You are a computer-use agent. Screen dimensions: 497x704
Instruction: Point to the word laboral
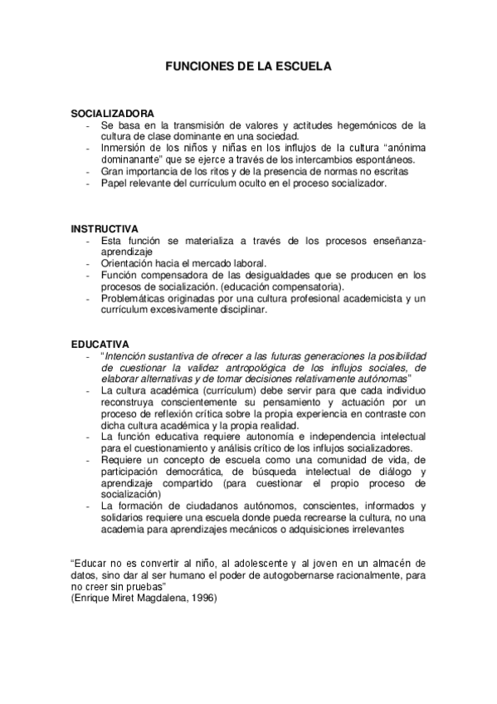(246, 263)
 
